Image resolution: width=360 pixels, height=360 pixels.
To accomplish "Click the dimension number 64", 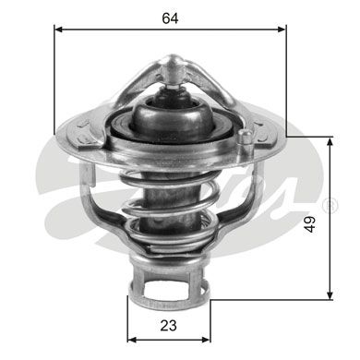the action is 170,18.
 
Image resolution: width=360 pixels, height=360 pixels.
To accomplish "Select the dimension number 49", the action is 310,224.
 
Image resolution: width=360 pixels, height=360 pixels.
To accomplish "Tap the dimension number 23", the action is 168,325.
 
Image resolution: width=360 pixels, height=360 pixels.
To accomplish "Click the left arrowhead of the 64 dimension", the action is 58,30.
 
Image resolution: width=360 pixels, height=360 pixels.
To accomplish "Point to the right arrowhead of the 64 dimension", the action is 282,30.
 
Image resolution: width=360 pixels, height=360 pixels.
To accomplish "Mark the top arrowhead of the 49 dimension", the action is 330,141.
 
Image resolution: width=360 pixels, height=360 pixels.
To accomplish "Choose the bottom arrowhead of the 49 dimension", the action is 330,294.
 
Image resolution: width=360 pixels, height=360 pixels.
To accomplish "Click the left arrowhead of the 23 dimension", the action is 132,340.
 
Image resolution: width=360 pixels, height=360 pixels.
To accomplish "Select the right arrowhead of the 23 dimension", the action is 206,340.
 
